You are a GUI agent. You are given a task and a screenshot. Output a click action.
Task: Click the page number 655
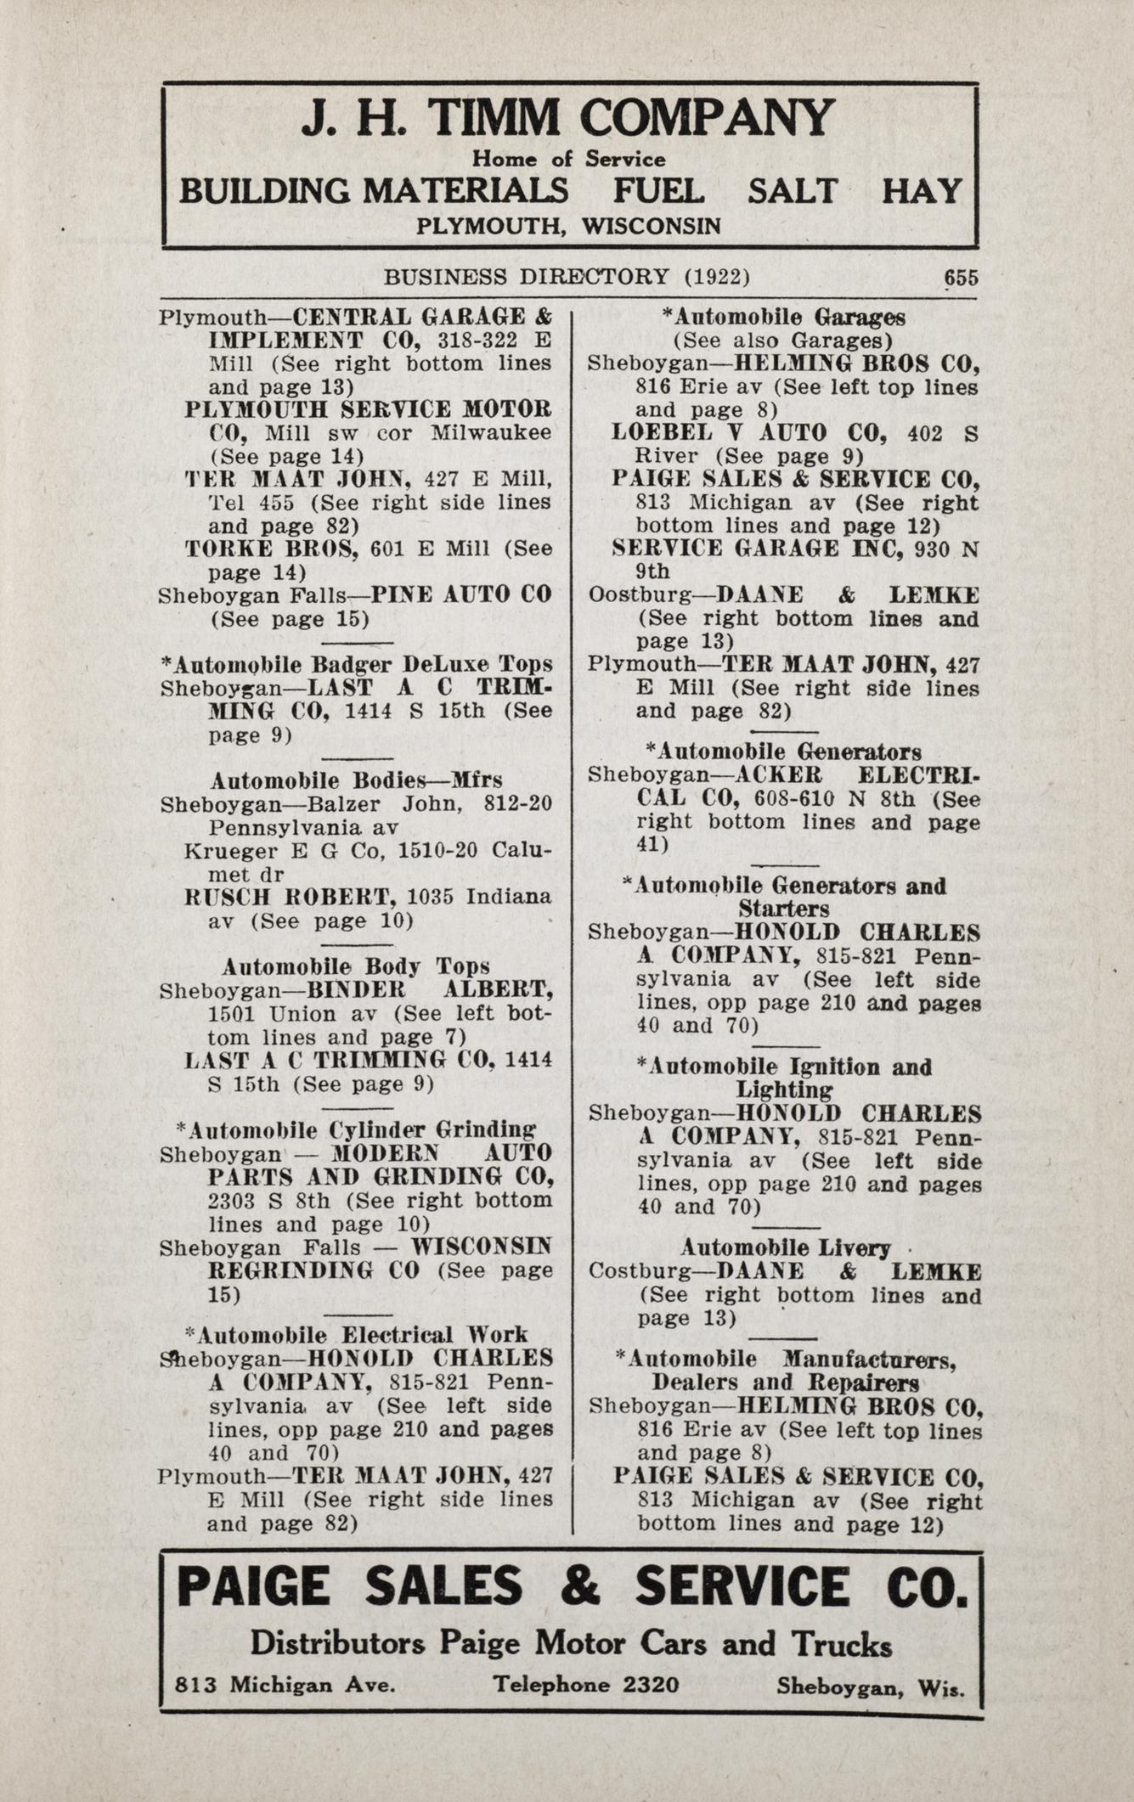pyautogui.click(x=961, y=278)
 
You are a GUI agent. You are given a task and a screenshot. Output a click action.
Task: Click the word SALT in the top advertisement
pyautogui.click(x=792, y=191)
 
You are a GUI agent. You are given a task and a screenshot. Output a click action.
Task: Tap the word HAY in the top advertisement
pyautogui.click(x=922, y=191)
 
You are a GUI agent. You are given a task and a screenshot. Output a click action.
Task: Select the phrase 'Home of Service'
pyautogui.click(x=568, y=159)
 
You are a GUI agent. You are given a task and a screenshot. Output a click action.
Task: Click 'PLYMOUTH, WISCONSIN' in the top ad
pyautogui.click(x=568, y=226)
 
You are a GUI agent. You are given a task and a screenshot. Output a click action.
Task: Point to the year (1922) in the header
pyautogui.click(x=716, y=277)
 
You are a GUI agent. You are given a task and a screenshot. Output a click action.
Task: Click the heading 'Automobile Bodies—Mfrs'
pyautogui.click(x=356, y=780)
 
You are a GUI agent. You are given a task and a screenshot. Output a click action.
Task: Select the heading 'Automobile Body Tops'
pyautogui.click(x=356, y=966)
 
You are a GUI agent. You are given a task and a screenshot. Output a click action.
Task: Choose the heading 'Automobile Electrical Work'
pyautogui.click(x=356, y=1334)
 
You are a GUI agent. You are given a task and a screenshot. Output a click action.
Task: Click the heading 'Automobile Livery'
pyautogui.click(x=785, y=1247)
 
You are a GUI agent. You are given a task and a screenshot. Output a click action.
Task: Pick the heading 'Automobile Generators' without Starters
pyautogui.click(x=783, y=752)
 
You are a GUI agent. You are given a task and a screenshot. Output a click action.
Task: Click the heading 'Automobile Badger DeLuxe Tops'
pyautogui.click(x=356, y=663)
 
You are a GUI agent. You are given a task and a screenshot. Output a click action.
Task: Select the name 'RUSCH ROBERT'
pyautogui.click(x=291, y=897)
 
